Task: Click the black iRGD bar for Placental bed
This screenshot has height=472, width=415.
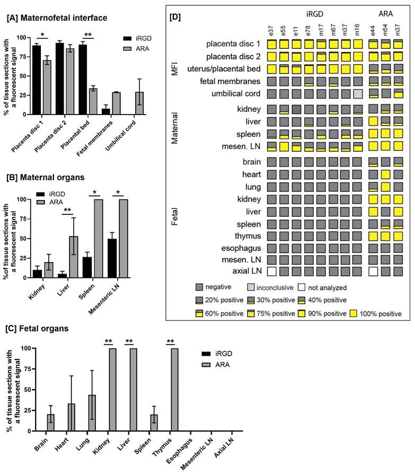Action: [83, 80]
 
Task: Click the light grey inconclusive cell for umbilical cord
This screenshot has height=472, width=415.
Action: [358, 94]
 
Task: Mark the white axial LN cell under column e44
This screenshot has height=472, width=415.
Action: [373, 271]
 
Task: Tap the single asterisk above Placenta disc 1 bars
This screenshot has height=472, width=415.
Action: [42, 35]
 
